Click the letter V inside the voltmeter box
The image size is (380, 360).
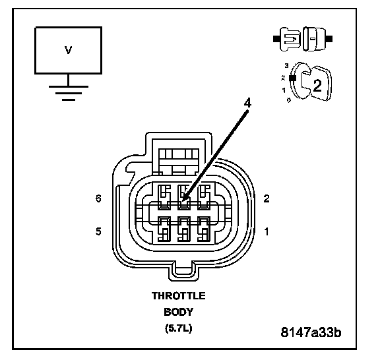click(69, 50)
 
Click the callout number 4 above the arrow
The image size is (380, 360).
click(247, 104)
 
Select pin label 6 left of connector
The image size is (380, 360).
click(98, 198)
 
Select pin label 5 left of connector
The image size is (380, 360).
click(98, 231)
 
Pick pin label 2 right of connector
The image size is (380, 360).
click(267, 198)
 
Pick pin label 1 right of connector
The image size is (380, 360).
click(267, 231)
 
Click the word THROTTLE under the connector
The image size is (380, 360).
click(179, 296)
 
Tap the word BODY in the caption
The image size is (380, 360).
click(179, 312)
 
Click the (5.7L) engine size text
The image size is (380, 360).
click(179, 328)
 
